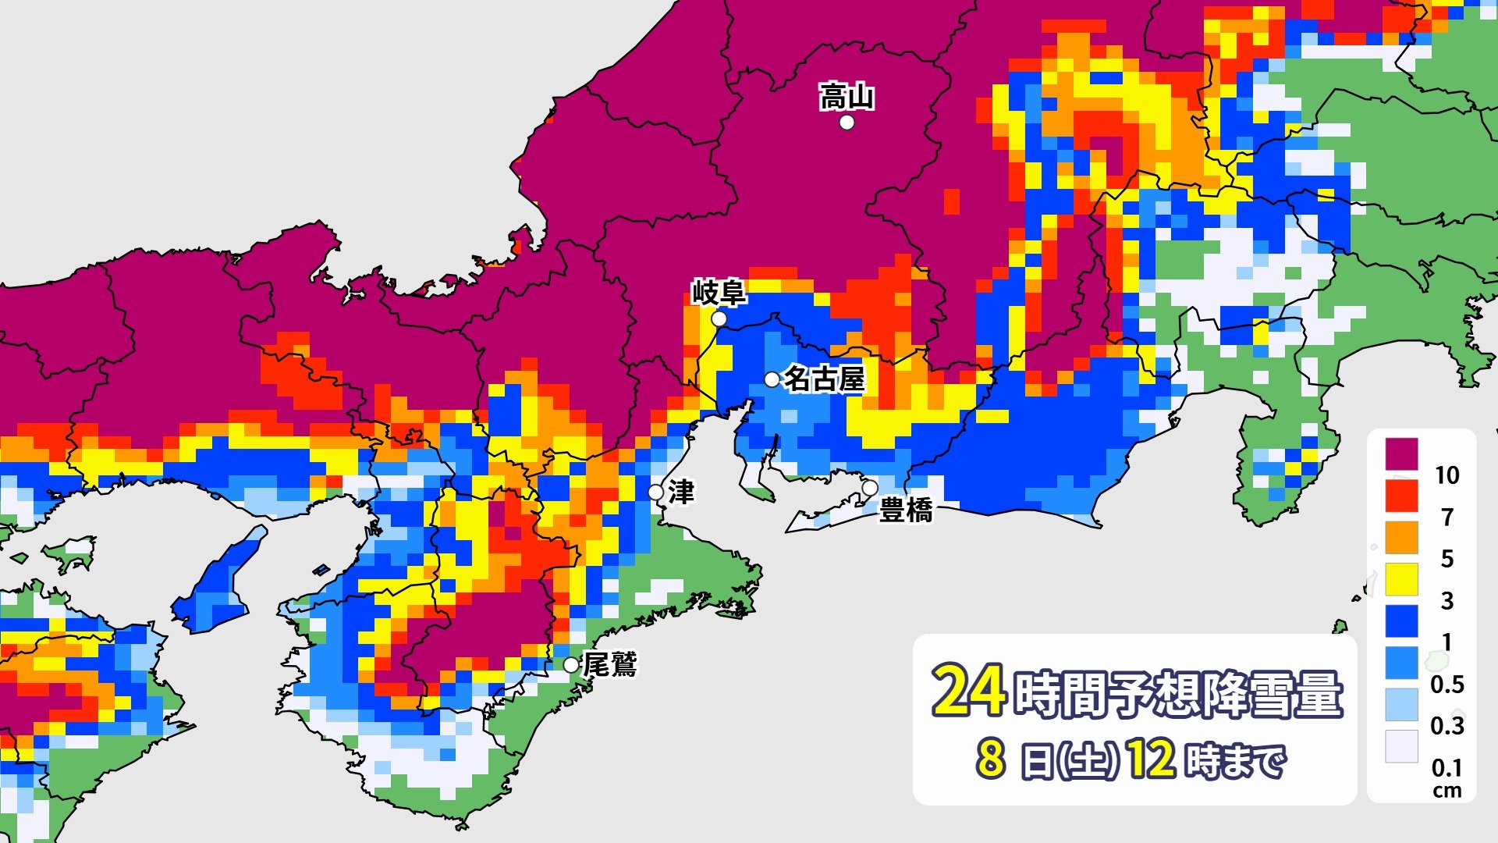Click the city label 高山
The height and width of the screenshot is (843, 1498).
(x=847, y=98)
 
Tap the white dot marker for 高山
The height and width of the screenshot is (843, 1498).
(x=847, y=123)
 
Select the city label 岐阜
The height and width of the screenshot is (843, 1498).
(x=719, y=293)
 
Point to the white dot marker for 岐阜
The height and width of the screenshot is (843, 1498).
(x=719, y=319)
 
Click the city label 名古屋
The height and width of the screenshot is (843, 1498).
(x=824, y=379)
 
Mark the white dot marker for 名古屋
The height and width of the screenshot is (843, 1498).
(x=772, y=379)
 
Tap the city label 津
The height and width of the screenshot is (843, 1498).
(x=681, y=493)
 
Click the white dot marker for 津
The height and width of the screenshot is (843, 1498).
(x=656, y=493)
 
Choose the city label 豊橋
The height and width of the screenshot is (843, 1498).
(x=906, y=510)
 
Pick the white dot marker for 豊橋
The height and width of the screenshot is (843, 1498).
(x=869, y=488)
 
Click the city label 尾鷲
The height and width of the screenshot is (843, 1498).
(x=610, y=665)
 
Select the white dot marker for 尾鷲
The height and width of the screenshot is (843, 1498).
(x=572, y=665)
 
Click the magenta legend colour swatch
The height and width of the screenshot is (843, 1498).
(x=1401, y=454)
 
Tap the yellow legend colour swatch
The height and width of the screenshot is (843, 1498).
(x=1401, y=579)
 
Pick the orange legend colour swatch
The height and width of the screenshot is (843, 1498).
(x=1401, y=538)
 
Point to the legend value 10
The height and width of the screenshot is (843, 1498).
(x=1447, y=475)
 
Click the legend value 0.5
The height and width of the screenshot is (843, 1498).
(x=1447, y=685)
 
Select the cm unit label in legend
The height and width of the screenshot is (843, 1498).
(x=1447, y=791)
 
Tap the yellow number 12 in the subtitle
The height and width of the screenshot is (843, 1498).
(x=1151, y=759)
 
